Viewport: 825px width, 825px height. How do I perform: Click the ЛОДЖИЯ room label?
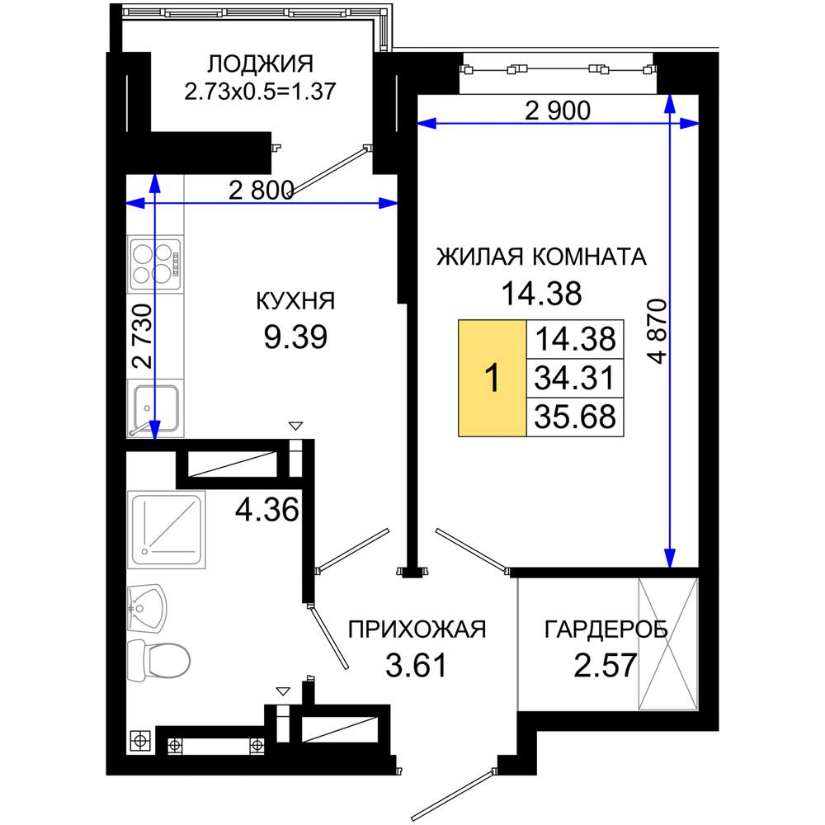pos(260,64)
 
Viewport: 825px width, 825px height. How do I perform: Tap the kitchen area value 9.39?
pos(295,337)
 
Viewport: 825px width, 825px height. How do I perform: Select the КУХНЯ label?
pos(295,301)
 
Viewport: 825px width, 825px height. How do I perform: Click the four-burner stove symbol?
pos(156,264)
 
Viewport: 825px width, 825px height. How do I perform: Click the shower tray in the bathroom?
pos(167,530)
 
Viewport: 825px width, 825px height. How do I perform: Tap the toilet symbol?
pos(158,660)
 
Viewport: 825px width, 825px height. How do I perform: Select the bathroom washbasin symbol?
pos(147,608)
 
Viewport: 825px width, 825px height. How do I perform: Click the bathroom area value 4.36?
pos(266,509)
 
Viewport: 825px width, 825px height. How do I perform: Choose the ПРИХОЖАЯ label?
pos(417,629)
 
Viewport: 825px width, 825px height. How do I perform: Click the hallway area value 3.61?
pos(416,665)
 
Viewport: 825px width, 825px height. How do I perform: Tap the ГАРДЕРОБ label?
pos(606,629)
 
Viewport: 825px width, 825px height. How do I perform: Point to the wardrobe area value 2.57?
pos(605,665)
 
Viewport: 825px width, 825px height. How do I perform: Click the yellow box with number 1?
pos(492,378)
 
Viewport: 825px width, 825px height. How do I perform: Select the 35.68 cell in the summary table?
pos(574,417)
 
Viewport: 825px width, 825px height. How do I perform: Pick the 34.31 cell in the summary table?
pos(574,378)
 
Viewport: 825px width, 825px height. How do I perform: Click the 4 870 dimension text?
pos(658,332)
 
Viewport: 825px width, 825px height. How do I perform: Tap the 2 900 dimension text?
pos(558,111)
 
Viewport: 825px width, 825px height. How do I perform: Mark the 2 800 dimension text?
pos(261,190)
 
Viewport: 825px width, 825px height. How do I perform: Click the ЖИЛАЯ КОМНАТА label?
pos(541,257)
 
